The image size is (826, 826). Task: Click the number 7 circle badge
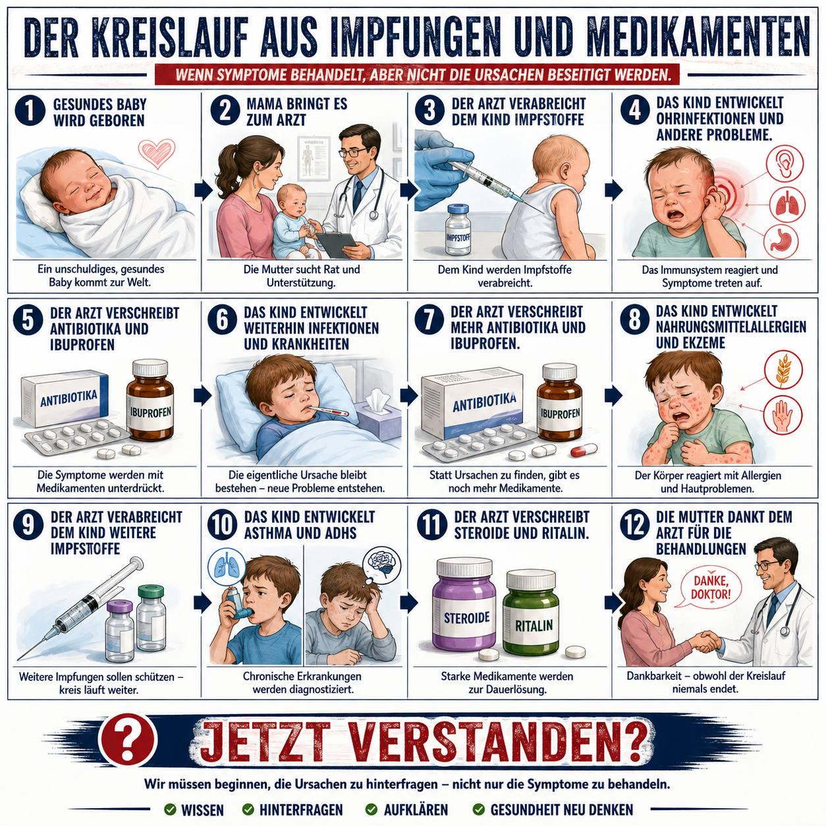coord(429,319)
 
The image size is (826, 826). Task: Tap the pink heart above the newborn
coord(157,153)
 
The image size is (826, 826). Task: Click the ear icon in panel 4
coord(785,163)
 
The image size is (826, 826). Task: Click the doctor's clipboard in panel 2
coord(337,244)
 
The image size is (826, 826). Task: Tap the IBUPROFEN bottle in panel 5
coord(150,400)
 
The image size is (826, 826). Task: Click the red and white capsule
coord(584,450)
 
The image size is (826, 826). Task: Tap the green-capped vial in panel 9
coord(151,618)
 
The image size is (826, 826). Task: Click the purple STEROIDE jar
coord(464,604)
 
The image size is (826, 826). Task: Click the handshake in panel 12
coord(705,642)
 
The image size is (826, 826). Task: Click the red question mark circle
coord(127,740)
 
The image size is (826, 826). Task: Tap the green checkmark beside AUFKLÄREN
coord(372,810)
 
